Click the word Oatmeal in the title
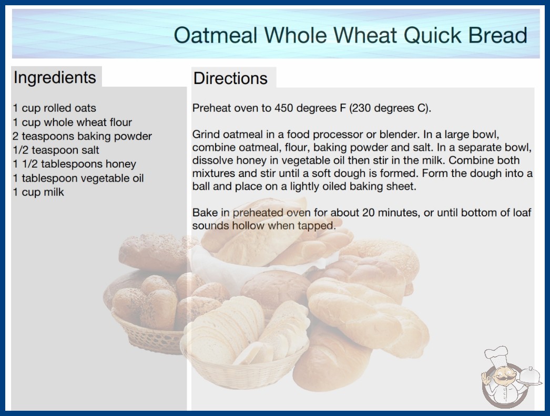(216, 35)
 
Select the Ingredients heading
(55, 77)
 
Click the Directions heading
(230, 78)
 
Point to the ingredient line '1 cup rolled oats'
(54, 108)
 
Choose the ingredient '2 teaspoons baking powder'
(83, 136)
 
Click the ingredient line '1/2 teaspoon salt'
(56, 150)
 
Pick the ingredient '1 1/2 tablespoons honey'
(74, 164)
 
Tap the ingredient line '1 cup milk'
(38, 192)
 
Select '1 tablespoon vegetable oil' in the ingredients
(78, 178)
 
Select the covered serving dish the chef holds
(529, 376)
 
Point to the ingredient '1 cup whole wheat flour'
(72, 122)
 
